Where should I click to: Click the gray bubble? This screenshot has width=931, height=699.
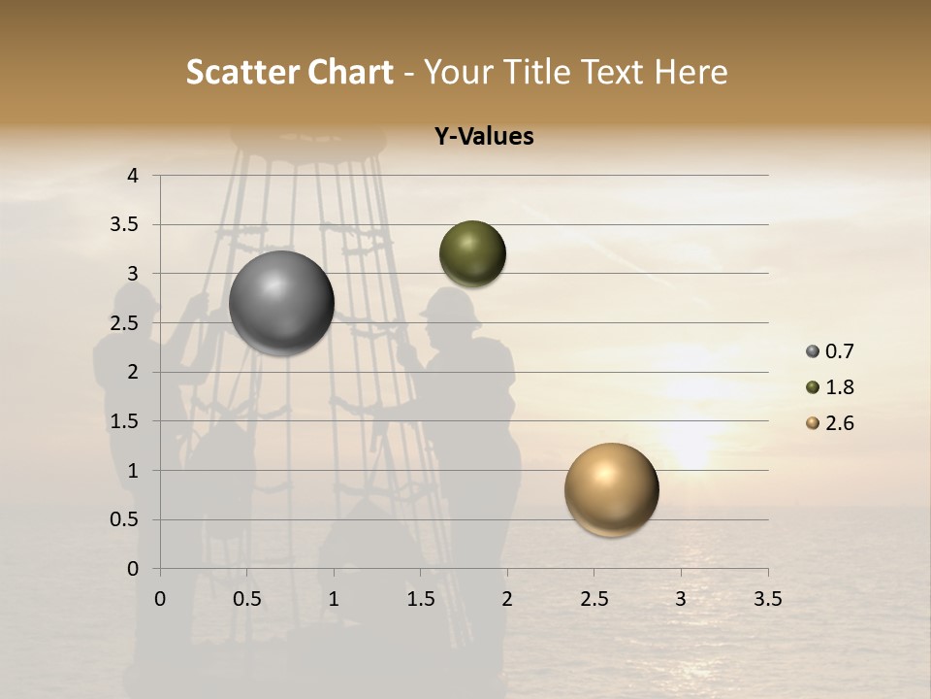282,303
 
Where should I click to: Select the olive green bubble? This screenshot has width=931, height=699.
472,253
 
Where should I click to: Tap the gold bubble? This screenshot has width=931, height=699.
611,489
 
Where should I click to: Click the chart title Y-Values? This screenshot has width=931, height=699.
484,137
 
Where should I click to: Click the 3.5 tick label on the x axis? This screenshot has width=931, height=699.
767,599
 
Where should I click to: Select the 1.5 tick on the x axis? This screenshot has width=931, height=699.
420,599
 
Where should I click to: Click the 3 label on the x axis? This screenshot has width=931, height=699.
681,599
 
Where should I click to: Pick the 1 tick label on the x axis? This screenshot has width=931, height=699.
334,599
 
